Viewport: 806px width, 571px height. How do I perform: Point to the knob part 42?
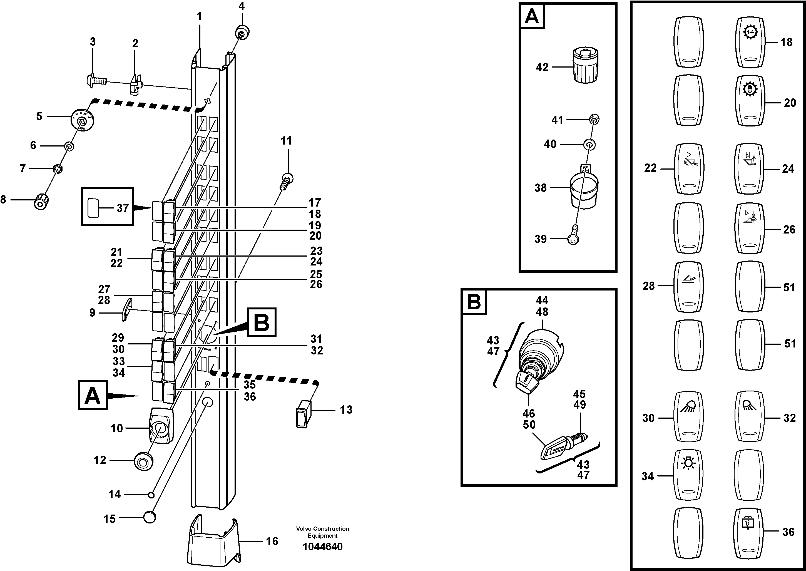tap(586, 66)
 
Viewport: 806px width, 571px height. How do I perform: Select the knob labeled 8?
tap(41, 201)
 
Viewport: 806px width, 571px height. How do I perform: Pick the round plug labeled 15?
tap(150, 517)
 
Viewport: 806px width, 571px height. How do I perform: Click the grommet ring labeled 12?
tap(143, 460)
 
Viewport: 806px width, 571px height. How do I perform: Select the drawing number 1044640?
tap(322, 547)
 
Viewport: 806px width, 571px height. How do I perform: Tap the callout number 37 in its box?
tap(122, 208)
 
